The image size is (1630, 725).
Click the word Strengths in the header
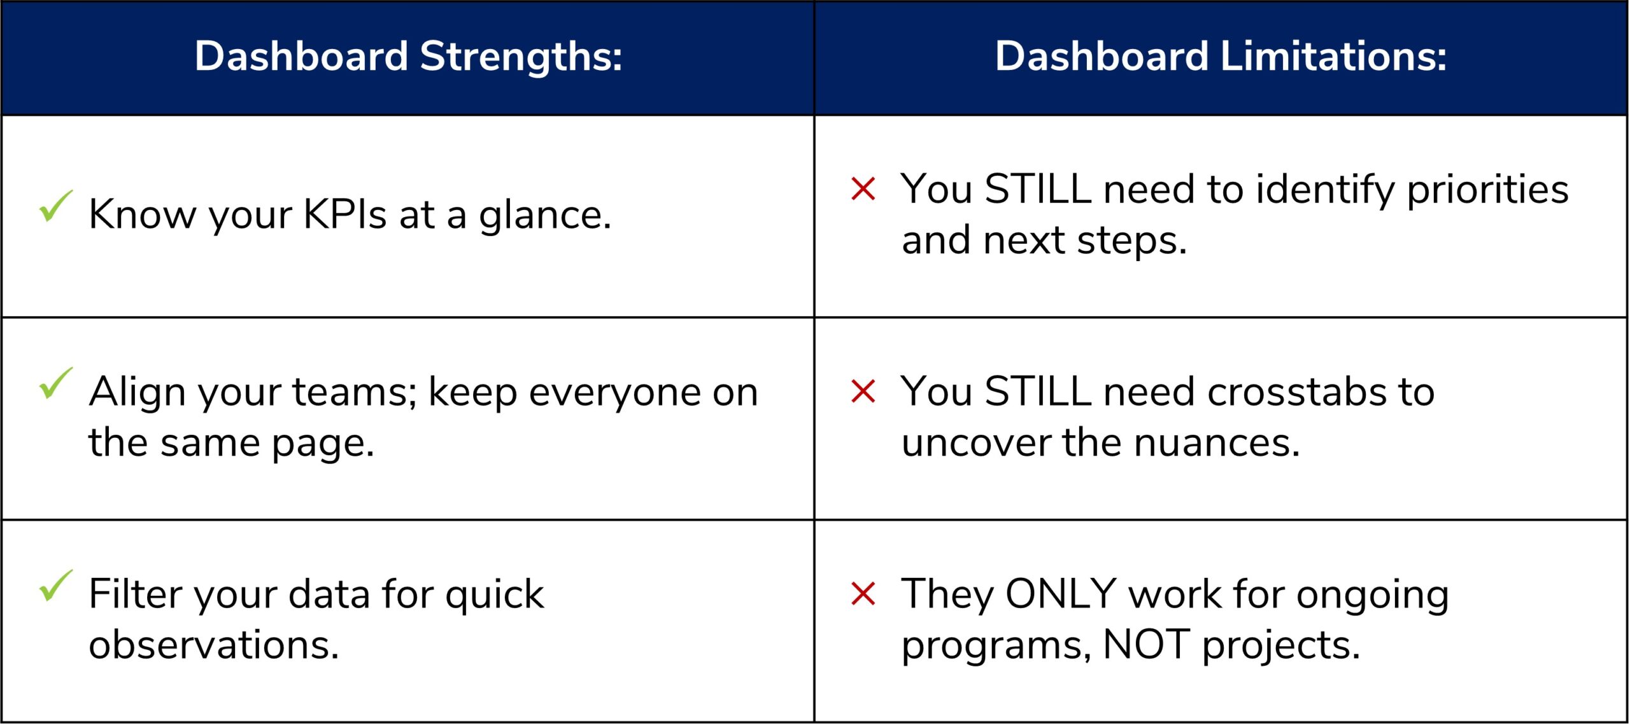click(520, 57)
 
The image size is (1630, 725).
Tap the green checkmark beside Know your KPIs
click(55, 206)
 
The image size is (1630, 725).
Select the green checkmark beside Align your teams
click(55, 383)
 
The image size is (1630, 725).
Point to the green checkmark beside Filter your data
click(55, 586)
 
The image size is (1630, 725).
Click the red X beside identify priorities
click(863, 189)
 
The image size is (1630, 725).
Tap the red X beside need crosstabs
click(863, 391)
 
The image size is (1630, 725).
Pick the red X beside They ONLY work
click(863, 594)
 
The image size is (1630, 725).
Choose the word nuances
click(1216, 442)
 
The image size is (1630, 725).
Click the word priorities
click(1487, 190)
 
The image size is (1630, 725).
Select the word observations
click(213, 644)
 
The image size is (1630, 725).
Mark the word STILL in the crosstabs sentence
click(1037, 391)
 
